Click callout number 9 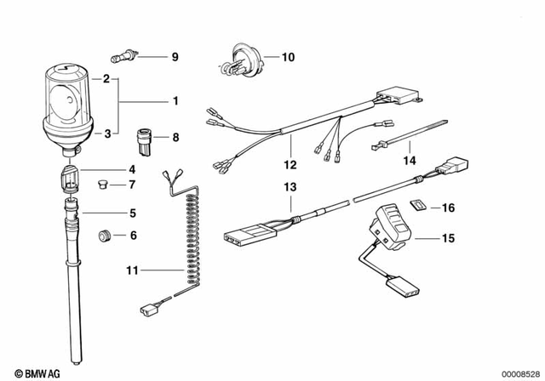(x=175, y=58)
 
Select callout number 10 (x=287, y=58)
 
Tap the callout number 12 (x=290, y=164)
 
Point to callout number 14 (x=410, y=160)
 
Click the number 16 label (x=448, y=207)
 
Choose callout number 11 (x=130, y=271)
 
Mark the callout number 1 (x=175, y=101)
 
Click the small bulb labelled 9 (x=124, y=58)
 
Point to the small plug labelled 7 (x=100, y=184)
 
